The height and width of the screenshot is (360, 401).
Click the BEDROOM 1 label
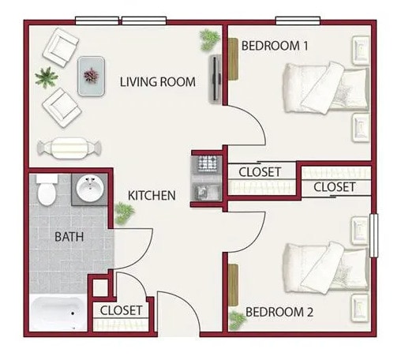tap(274, 46)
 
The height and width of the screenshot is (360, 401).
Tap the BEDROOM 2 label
tap(279, 313)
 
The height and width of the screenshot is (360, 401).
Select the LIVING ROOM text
tap(157, 81)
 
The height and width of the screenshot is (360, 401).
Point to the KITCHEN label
tap(152, 194)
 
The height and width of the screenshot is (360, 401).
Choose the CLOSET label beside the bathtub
tap(121, 310)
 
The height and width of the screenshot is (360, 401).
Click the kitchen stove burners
tap(207, 163)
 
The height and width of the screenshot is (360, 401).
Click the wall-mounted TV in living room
tap(214, 78)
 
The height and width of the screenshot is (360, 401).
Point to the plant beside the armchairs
tap(45, 77)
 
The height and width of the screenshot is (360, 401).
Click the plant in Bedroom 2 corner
tap(236, 321)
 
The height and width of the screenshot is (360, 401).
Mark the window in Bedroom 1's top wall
tap(297, 20)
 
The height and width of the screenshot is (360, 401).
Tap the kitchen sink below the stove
tap(207, 189)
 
